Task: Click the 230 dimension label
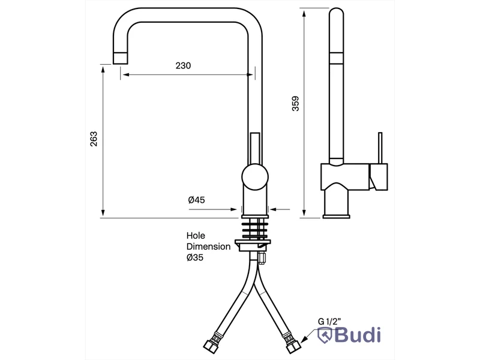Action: [183, 65]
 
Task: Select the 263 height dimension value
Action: [94, 139]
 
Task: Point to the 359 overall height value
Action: [295, 103]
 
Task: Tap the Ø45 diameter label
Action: [197, 200]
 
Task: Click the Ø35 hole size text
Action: [194, 257]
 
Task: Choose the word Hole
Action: [196, 236]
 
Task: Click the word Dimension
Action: [208, 247]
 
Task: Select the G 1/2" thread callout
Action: [329, 322]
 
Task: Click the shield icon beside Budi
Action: [325, 335]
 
